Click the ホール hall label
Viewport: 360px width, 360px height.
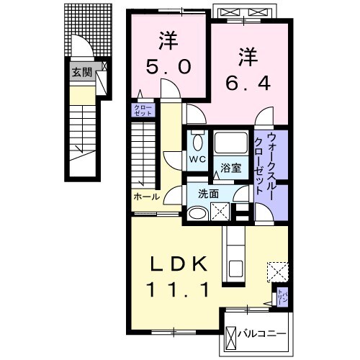coord(146,196)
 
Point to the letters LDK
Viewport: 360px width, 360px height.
coord(180,265)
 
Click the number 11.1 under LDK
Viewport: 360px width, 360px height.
coord(180,290)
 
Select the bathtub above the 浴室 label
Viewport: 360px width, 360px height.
coord(230,145)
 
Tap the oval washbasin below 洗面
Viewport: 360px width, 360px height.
coord(196,212)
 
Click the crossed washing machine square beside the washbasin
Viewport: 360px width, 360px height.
coord(220,210)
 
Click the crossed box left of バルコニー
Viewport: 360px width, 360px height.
coord(231,336)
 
